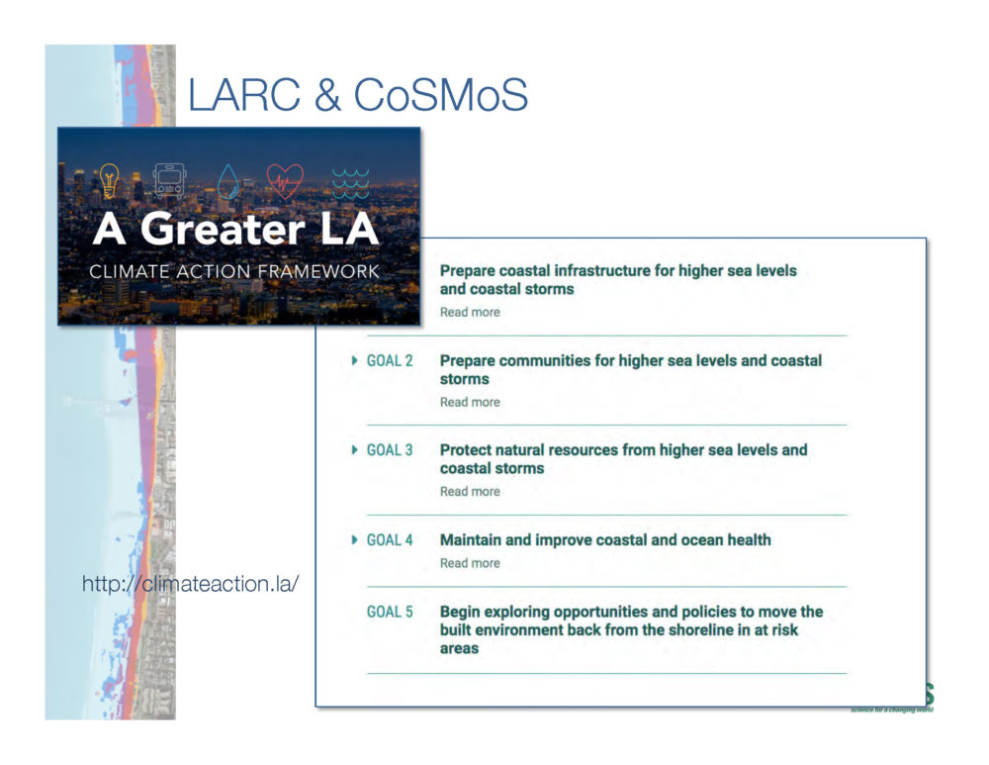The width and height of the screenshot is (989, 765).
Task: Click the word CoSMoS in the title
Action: pos(440,95)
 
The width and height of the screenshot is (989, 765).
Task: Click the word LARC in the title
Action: pos(244,95)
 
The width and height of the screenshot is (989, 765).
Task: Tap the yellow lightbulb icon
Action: pos(109,181)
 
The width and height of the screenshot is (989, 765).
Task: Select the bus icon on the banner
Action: pos(170,181)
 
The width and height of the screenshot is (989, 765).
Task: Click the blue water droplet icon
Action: pos(228,182)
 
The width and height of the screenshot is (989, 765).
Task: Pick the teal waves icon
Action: pos(351,183)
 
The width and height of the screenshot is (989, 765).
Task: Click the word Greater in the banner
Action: pos(223,229)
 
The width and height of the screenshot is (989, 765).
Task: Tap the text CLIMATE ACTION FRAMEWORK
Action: pos(234,271)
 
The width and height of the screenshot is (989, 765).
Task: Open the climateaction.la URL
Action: pos(190,584)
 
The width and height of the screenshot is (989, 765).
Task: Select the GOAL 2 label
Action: pos(390,361)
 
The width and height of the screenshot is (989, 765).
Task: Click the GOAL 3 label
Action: pos(390,450)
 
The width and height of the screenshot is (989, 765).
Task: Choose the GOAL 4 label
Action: pos(390,540)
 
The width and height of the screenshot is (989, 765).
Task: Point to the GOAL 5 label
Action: pos(390,612)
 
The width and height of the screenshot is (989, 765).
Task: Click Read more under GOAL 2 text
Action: pos(470,402)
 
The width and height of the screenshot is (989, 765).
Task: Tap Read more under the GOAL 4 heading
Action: pos(470,563)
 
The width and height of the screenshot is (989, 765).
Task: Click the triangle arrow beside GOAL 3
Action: pos(354,450)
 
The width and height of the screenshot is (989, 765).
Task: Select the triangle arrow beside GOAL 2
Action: pos(354,360)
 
